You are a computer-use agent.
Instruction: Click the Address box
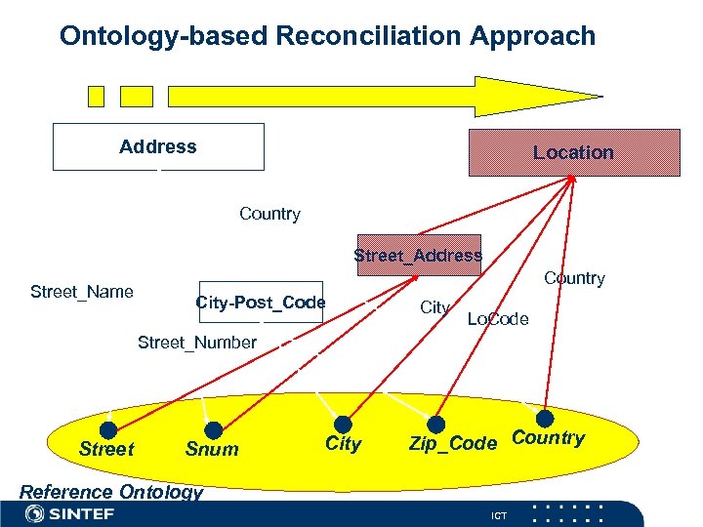[x=158, y=147]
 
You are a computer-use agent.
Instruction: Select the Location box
[x=574, y=152]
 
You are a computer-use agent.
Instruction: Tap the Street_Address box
[x=419, y=256]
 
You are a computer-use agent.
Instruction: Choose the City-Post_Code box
[x=260, y=303]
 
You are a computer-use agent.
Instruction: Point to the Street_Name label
[x=82, y=291]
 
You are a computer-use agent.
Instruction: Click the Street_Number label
[x=197, y=342]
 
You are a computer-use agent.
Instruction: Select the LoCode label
[x=498, y=319]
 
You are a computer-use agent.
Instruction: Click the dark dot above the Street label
[x=108, y=429]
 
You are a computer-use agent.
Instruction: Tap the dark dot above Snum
[x=214, y=429]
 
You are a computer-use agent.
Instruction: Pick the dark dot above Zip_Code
[x=437, y=425]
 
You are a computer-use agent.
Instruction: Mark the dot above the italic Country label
[x=545, y=419]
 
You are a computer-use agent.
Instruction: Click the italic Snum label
[x=211, y=449]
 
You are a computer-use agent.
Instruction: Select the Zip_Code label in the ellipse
[x=453, y=444]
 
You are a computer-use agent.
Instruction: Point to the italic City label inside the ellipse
[x=343, y=444]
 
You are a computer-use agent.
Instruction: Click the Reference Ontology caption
[x=111, y=492]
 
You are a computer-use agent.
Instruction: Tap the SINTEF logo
[x=68, y=513]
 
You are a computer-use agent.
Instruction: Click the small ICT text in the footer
[x=500, y=514]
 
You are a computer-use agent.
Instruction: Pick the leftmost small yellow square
[x=96, y=96]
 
